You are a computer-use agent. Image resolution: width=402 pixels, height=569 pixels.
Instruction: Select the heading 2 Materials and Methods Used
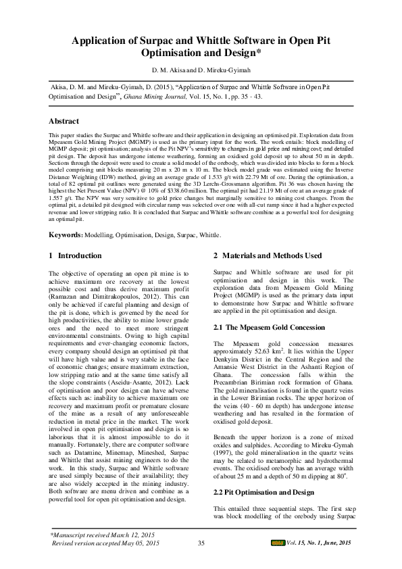pyautogui.click(x=268, y=255)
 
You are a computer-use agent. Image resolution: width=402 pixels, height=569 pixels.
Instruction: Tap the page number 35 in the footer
pyautogui.click(x=201, y=543)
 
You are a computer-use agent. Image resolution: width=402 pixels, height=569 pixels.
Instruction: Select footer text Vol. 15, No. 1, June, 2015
pyautogui.click(x=320, y=543)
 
